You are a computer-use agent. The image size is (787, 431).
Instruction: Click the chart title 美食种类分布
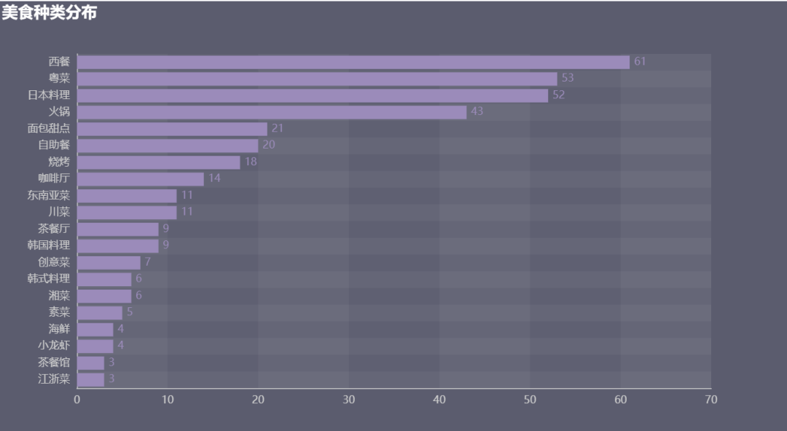tap(49, 12)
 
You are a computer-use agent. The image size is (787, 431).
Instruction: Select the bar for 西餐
tap(353, 62)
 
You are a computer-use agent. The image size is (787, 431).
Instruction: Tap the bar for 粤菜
tap(317, 79)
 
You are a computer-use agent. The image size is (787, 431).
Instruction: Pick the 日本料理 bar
tap(313, 95)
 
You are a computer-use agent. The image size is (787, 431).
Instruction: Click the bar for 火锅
tap(272, 112)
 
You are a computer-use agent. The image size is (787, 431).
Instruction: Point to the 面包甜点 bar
tap(172, 129)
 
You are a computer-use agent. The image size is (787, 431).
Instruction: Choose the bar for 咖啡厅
tap(141, 179)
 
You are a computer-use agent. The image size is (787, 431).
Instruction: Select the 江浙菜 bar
tap(91, 379)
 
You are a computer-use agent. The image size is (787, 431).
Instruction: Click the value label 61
tap(640, 62)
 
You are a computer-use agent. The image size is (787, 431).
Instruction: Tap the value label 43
tap(477, 112)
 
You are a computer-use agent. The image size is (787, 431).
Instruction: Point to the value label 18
tap(251, 162)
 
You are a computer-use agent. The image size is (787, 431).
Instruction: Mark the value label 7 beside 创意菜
tap(148, 262)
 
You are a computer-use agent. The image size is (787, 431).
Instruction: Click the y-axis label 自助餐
tap(54, 146)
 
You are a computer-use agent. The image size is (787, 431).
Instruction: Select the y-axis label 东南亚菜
tap(49, 196)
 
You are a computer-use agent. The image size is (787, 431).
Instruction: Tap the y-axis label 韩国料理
tap(49, 245)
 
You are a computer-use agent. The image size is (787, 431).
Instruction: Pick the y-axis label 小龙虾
tap(54, 346)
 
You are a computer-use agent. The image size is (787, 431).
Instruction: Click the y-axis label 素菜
tap(59, 312)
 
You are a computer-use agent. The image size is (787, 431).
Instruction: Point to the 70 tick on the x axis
tap(711, 400)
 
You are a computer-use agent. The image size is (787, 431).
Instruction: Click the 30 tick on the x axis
tap(349, 400)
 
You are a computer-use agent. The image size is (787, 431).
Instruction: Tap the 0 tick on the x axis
tap(77, 400)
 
